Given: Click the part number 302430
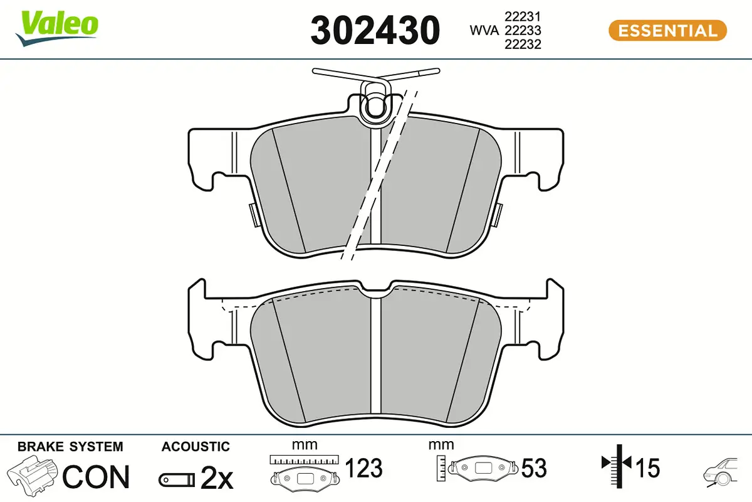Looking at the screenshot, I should [x=375, y=30].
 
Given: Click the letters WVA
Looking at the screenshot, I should [x=484, y=30].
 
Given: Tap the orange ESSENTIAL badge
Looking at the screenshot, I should [x=667, y=30].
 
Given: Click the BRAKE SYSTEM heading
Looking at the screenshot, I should [x=70, y=447].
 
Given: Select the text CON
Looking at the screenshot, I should [x=96, y=478].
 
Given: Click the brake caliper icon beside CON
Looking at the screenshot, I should [x=33, y=476].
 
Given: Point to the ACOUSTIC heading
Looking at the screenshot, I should [x=196, y=447].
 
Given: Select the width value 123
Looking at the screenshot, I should [x=364, y=468].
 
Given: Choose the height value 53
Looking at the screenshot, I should [x=534, y=468].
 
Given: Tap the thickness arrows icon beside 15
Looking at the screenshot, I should [x=617, y=464].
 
